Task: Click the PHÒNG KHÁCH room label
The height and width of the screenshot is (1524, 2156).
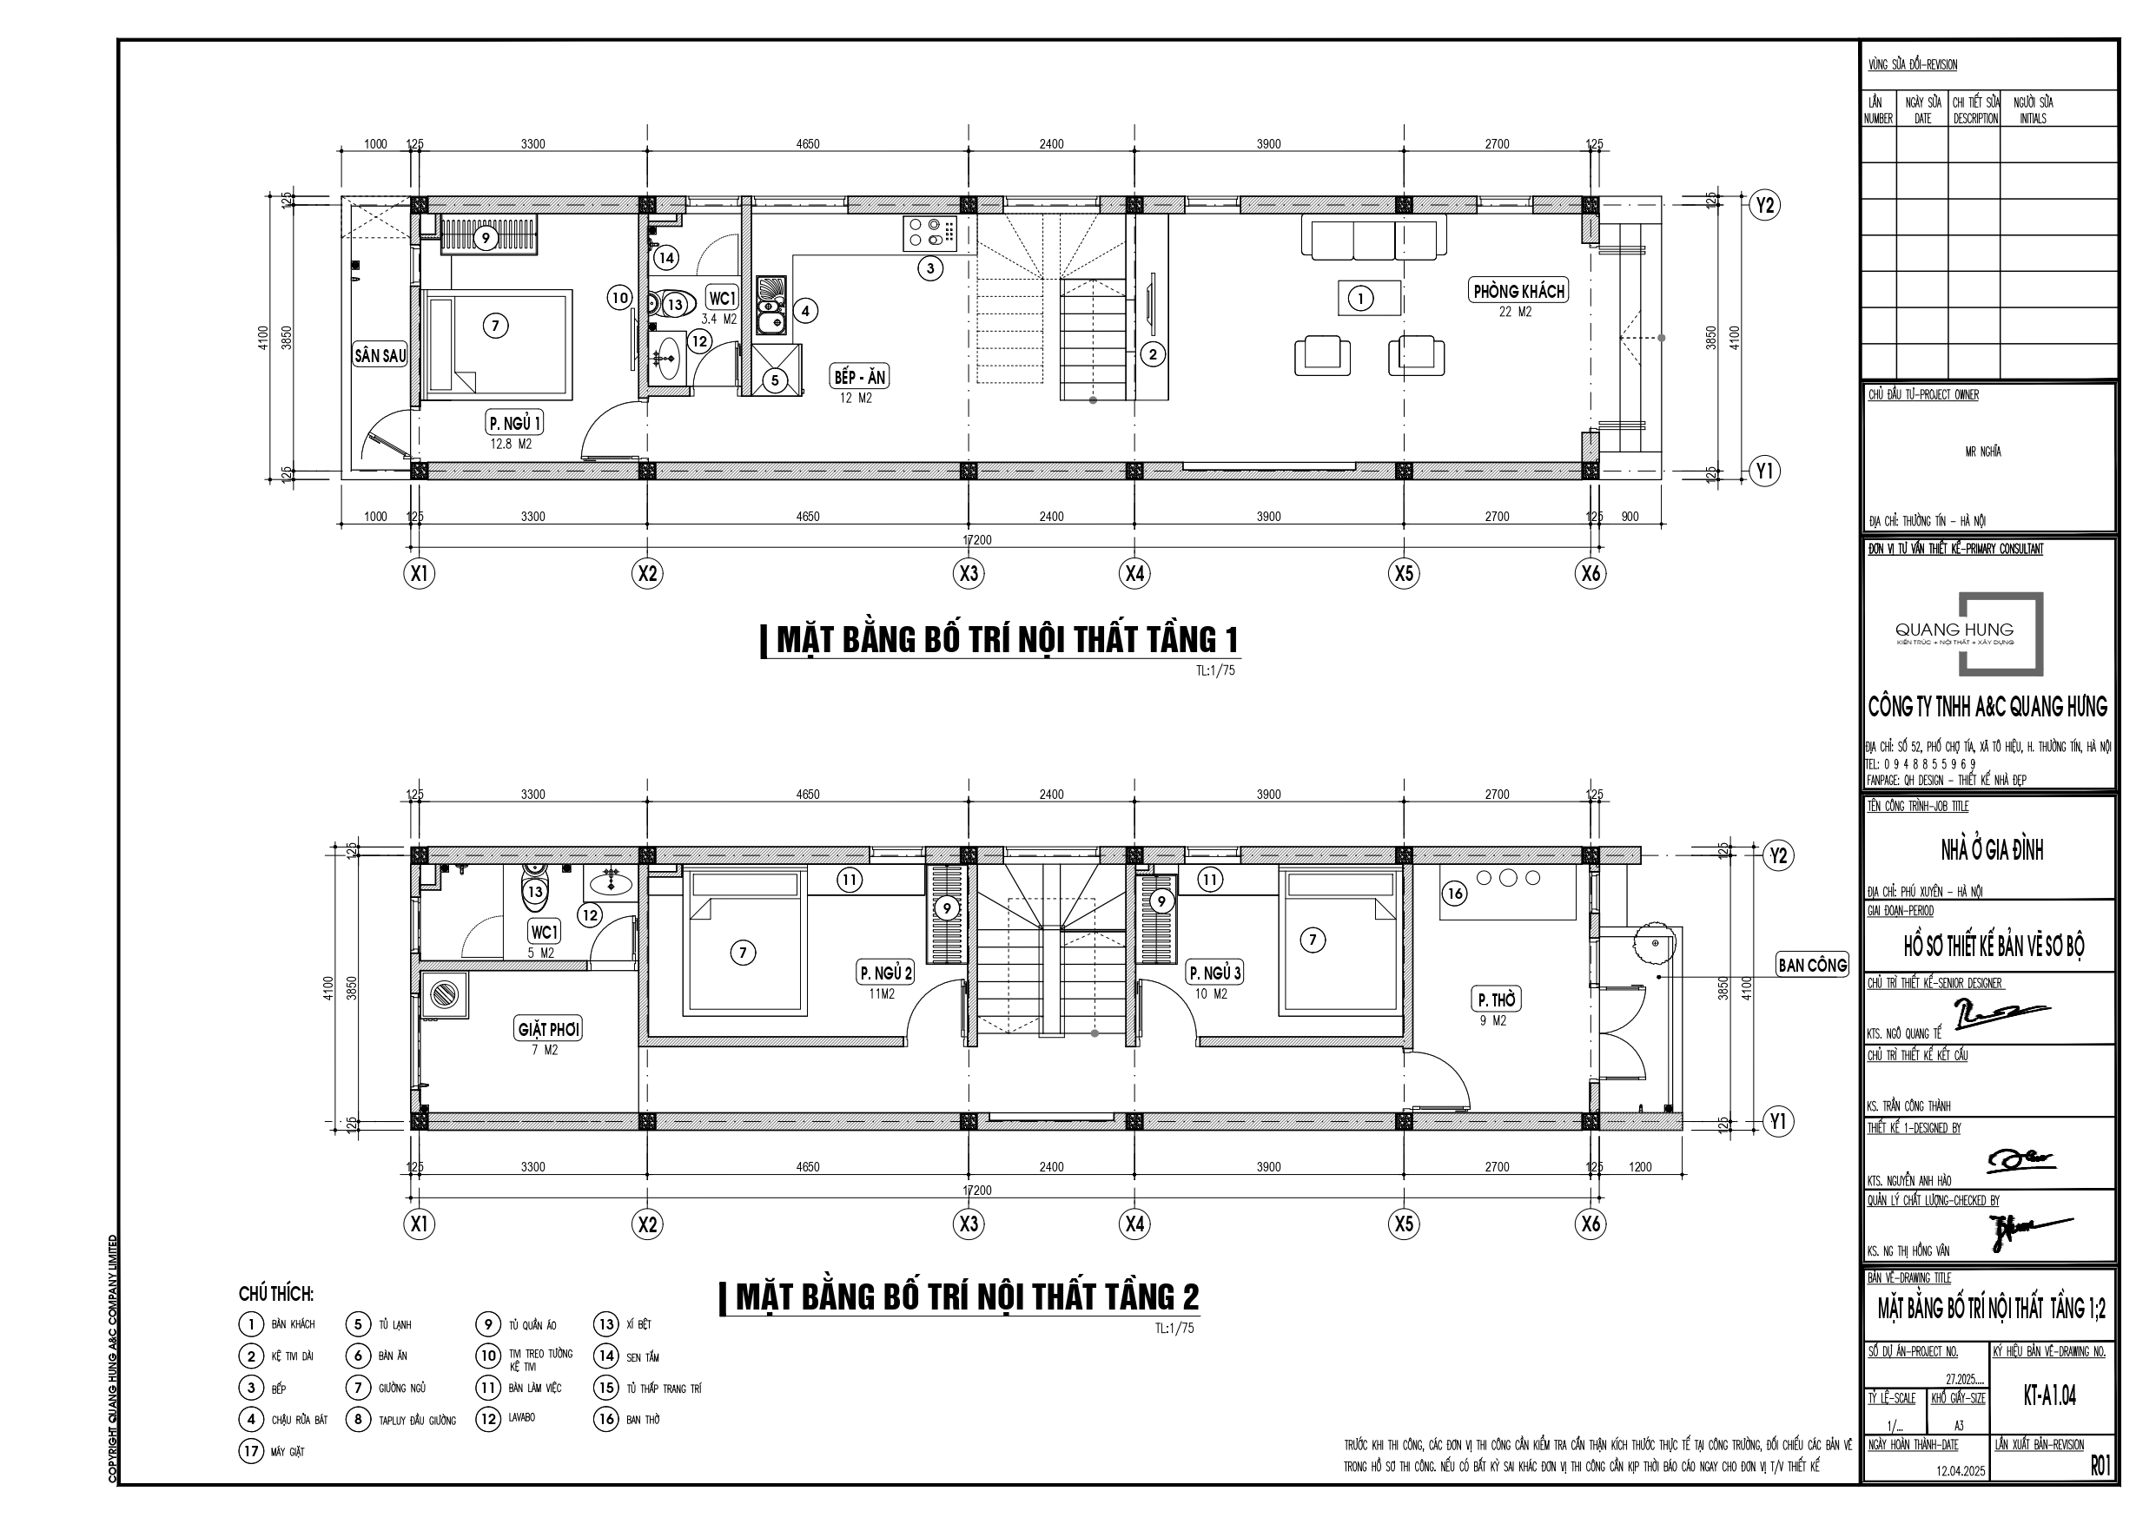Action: [x=1518, y=291]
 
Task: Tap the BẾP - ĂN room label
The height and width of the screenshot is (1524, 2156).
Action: [x=859, y=378]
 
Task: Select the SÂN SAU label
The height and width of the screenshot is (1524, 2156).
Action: [x=380, y=356]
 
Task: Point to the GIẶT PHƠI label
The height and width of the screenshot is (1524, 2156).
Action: [x=548, y=1029]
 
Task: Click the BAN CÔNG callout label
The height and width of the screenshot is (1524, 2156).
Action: [x=1811, y=965]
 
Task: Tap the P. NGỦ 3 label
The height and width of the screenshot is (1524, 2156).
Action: [x=1214, y=973]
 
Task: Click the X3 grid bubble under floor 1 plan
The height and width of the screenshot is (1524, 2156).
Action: [x=969, y=573]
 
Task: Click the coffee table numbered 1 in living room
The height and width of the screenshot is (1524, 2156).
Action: [x=1370, y=298]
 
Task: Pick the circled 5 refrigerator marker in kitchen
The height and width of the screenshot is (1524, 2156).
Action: [x=775, y=380]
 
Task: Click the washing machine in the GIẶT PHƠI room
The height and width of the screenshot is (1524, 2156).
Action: [x=442, y=994]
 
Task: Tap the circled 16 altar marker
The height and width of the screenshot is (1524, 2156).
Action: [x=1454, y=893]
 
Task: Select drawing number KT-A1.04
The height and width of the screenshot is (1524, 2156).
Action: [x=2049, y=1395]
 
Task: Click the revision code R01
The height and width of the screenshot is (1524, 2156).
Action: [x=2100, y=1466]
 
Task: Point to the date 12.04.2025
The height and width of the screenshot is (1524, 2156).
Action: [x=1960, y=1471]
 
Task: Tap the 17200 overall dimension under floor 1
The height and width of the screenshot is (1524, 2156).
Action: [x=976, y=540]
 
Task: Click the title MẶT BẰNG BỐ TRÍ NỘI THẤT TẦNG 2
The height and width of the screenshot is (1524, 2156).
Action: [x=967, y=1296]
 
